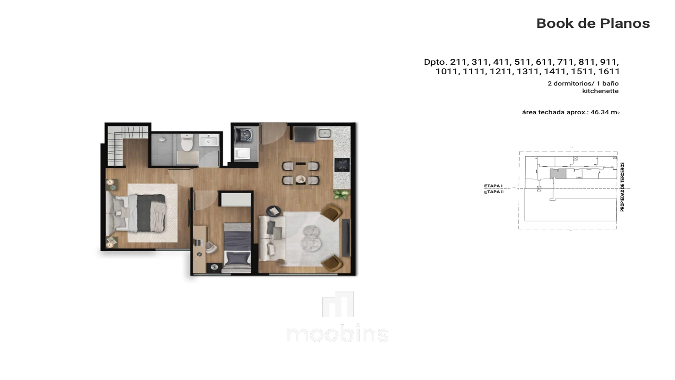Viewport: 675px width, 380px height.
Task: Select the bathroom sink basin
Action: pyautogui.click(x=209, y=141)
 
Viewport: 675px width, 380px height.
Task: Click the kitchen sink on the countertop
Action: pyautogui.click(x=324, y=133)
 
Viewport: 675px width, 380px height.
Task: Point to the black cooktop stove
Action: pyautogui.click(x=342, y=164)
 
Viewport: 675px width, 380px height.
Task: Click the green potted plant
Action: pyautogui.click(x=341, y=195)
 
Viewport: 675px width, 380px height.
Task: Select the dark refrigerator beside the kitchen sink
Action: pyautogui.click(x=304, y=134)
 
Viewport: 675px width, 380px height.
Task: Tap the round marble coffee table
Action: pyautogui.click(x=311, y=239)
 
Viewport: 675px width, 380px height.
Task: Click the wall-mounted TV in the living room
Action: pyautogui.click(x=346, y=237)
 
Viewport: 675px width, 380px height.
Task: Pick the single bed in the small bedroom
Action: pyautogui.click(x=238, y=248)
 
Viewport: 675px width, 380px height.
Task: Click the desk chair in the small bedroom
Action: pyautogui.click(x=211, y=247)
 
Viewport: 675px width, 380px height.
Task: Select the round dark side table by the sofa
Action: pyautogui.click(x=274, y=211)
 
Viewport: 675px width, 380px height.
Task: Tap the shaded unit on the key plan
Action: pyautogui.click(x=558, y=173)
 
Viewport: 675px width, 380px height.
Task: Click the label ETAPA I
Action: pyautogui.click(x=493, y=186)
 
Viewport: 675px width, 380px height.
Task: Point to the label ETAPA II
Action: pyautogui.click(x=494, y=192)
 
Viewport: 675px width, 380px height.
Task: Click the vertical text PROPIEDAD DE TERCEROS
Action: pyautogui.click(x=622, y=187)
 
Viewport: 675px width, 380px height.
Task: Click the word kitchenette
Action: pyautogui.click(x=600, y=91)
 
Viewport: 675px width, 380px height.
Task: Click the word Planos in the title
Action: pyautogui.click(x=625, y=23)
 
